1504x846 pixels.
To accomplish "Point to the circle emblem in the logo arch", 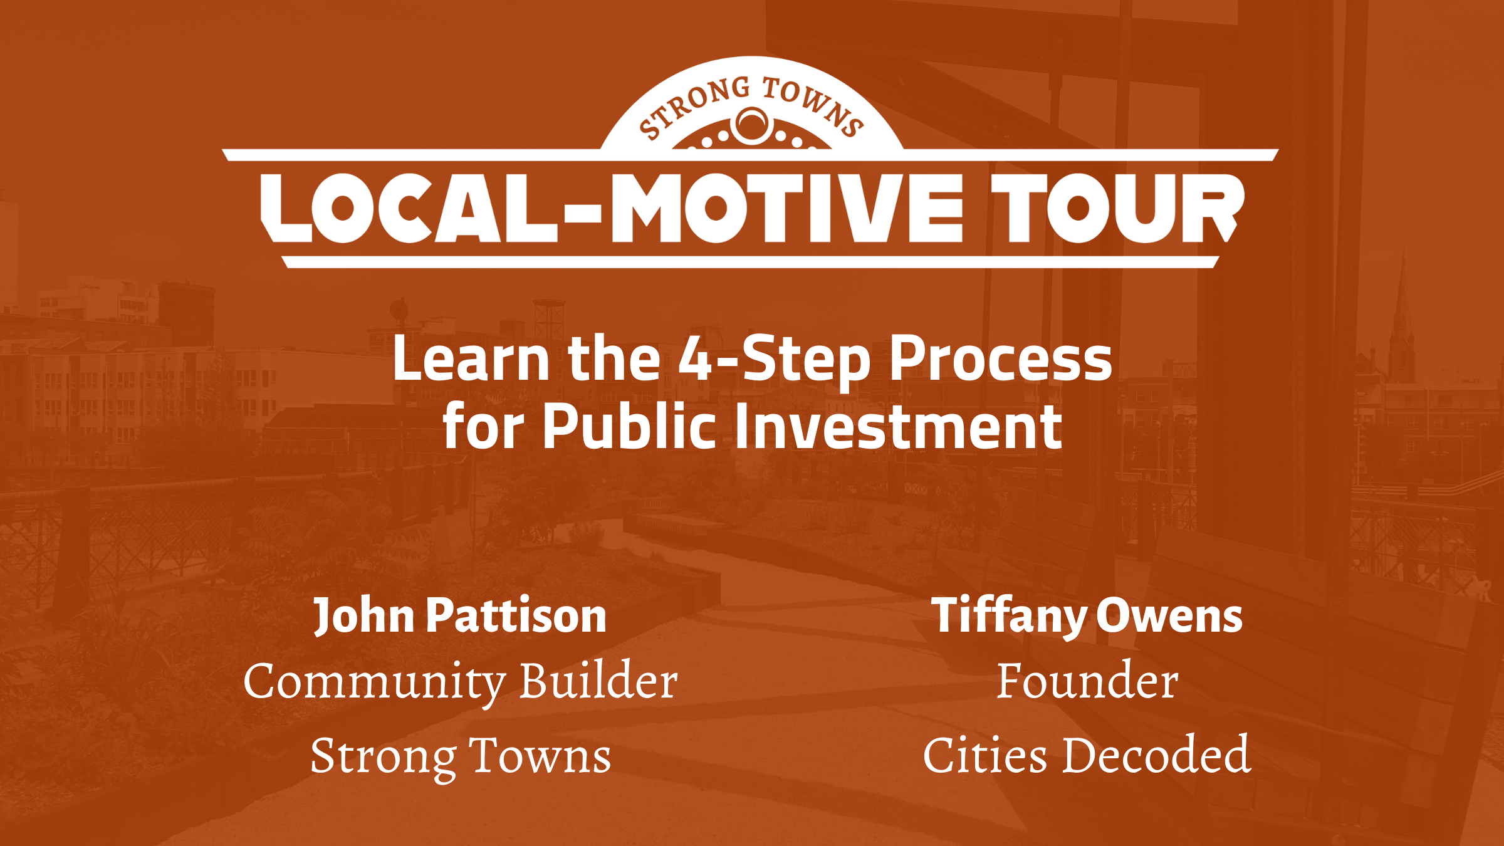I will click(x=751, y=125).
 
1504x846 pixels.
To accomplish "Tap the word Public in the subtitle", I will click(x=629, y=426).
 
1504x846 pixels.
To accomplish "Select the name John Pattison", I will click(x=461, y=616).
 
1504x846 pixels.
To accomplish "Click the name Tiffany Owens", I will click(x=1087, y=616).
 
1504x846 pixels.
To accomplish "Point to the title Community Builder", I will click(x=461, y=682).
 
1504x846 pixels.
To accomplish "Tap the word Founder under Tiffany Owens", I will click(x=1087, y=681).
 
